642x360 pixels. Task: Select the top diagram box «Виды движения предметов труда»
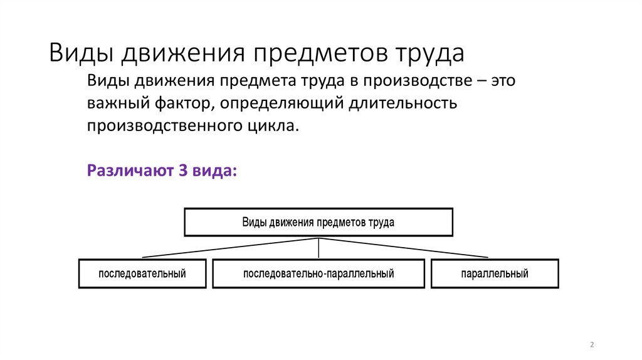(318, 222)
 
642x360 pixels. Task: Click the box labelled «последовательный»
(142, 273)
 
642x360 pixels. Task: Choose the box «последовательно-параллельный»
(318, 273)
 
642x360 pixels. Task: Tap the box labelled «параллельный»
(494, 273)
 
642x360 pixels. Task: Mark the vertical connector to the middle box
(319, 248)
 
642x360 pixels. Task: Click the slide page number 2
(592, 346)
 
